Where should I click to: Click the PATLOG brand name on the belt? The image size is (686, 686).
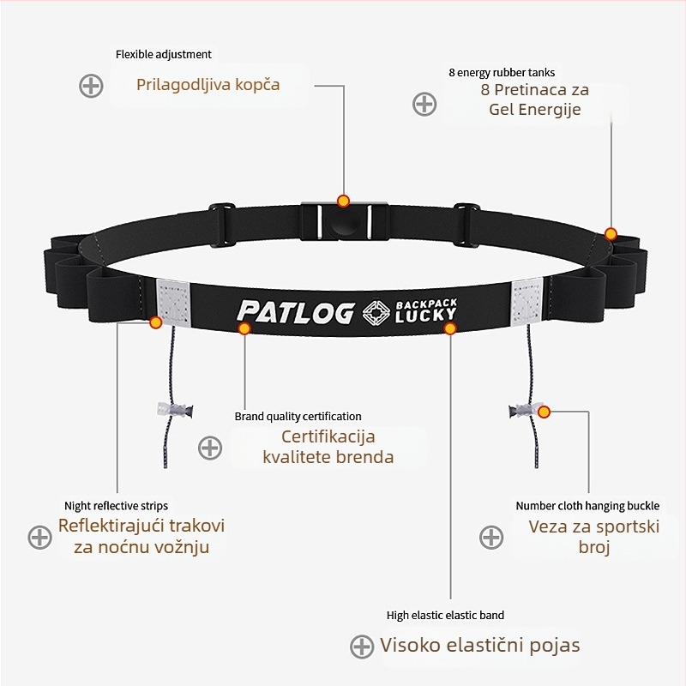pos(295,312)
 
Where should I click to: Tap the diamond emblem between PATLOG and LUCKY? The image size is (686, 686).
pos(374,313)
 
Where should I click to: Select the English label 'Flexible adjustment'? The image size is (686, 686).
pos(164,54)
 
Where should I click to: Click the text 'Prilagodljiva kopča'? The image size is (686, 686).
pos(208,85)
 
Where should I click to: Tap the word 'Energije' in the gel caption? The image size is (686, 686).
pos(548,110)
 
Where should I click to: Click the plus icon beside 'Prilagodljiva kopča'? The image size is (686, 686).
pos(91,86)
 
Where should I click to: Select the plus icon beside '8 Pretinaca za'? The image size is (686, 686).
pos(424,104)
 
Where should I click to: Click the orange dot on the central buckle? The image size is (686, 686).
pos(343,202)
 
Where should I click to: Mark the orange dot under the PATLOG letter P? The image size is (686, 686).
pos(244,328)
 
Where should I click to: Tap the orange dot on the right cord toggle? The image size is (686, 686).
pos(544,412)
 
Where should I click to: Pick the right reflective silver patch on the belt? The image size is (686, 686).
pos(526,301)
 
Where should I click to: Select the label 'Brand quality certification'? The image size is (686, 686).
pos(298,417)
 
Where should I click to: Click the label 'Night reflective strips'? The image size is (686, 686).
pos(117,506)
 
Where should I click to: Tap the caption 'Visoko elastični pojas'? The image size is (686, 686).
pos(480,646)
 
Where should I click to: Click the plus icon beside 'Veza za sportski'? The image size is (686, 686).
pos(490,537)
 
